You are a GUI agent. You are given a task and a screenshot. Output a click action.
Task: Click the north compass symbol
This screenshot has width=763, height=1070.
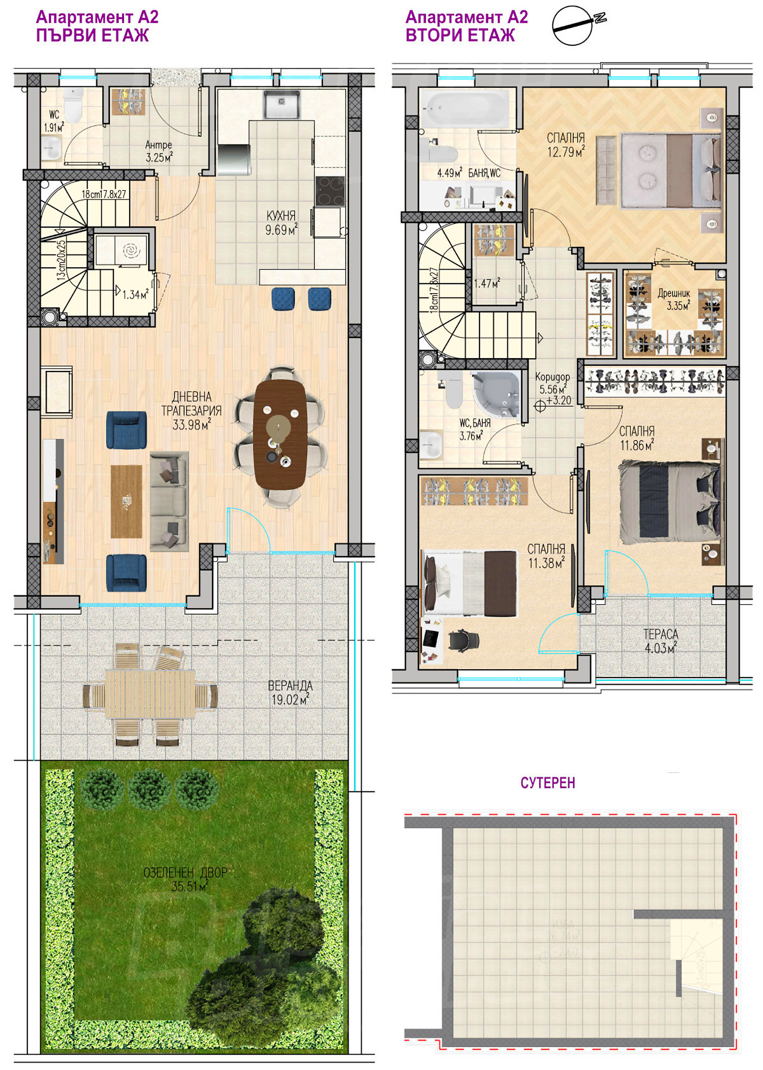[573, 25]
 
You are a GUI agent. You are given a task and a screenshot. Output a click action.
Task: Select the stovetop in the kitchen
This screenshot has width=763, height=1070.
[330, 191]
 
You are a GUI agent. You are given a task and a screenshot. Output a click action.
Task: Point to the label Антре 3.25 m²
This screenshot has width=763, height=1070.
[159, 151]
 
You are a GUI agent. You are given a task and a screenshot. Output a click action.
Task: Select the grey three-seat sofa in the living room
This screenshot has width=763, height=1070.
[169, 501]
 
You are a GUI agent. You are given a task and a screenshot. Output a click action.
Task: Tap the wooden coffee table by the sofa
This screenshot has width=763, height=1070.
[126, 501]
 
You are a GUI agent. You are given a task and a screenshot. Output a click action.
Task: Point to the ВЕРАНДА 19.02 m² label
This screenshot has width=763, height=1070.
[290, 692]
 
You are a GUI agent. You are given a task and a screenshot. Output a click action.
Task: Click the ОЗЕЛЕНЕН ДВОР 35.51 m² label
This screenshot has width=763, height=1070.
[186, 879]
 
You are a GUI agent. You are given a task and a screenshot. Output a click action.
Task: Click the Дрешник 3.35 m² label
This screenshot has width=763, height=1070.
[674, 299]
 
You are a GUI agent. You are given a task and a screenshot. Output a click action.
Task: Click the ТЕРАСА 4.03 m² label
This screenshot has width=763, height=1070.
[660, 641]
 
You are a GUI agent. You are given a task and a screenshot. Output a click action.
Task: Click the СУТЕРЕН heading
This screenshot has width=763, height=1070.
[547, 783]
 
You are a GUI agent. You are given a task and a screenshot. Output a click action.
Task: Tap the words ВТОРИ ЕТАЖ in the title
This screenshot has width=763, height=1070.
[460, 36]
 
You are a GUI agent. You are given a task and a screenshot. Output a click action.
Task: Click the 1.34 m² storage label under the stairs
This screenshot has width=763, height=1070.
[135, 294]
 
